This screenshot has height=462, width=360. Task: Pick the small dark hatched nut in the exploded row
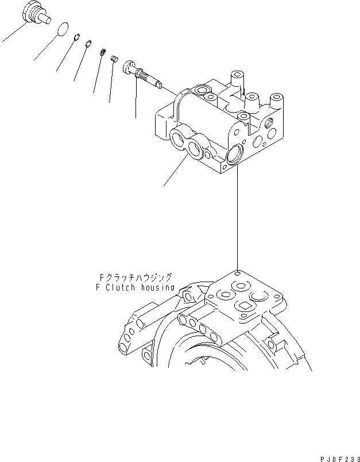pos(103,52)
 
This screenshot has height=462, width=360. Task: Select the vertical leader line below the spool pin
pos(136,101)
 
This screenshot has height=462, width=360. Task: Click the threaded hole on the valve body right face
pos(269,122)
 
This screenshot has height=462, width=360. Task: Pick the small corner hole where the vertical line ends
pos(237,273)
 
